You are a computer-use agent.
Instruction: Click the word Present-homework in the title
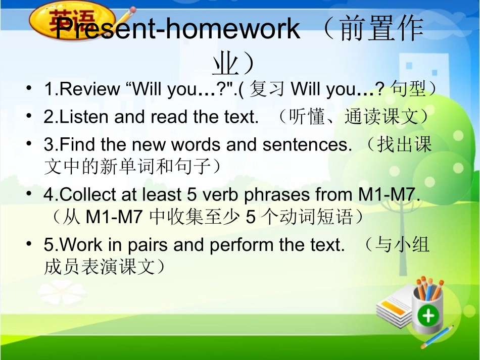click(177, 29)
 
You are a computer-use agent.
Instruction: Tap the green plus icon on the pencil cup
click(428, 316)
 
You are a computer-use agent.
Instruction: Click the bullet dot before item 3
click(31, 144)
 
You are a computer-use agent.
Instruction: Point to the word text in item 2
click(239, 117)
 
